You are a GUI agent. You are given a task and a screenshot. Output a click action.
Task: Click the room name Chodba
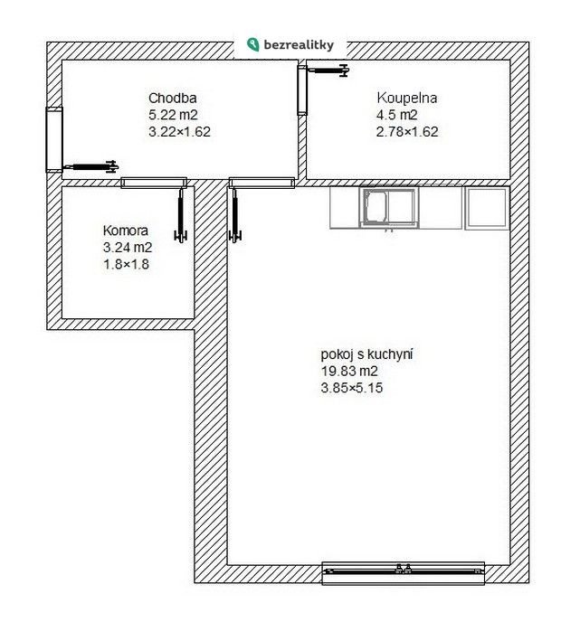pos(172,98)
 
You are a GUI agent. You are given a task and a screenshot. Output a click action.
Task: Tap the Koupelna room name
pos(407,98)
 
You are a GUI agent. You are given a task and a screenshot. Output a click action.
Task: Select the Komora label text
pos(126,231)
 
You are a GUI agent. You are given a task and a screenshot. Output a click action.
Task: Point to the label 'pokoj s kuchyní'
pos(366,354)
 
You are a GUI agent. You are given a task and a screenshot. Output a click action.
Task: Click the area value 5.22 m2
pos(173,115)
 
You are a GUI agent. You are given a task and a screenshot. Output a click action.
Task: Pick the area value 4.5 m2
pos(397,115)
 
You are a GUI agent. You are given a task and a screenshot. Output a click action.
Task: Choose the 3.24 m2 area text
pos(128,248)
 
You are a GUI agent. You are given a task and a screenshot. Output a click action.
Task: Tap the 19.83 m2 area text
pos(349,372)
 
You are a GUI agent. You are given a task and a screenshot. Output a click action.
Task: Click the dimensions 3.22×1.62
pos(179,132)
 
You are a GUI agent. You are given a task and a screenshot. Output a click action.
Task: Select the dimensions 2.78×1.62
pos(407,132)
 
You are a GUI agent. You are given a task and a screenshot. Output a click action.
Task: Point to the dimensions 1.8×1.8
pos(127,264)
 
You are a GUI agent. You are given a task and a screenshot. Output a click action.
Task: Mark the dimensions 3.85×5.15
pos(352,388)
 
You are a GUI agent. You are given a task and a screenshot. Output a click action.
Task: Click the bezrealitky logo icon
pos(252,44)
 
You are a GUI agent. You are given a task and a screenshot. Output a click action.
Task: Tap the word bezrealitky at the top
pos(299,45)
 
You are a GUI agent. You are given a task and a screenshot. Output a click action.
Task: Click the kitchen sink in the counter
pos(389,208)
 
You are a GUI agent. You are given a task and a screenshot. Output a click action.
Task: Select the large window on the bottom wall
pos(403,573)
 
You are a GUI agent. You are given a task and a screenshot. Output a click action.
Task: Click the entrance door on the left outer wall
pos(54,139)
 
